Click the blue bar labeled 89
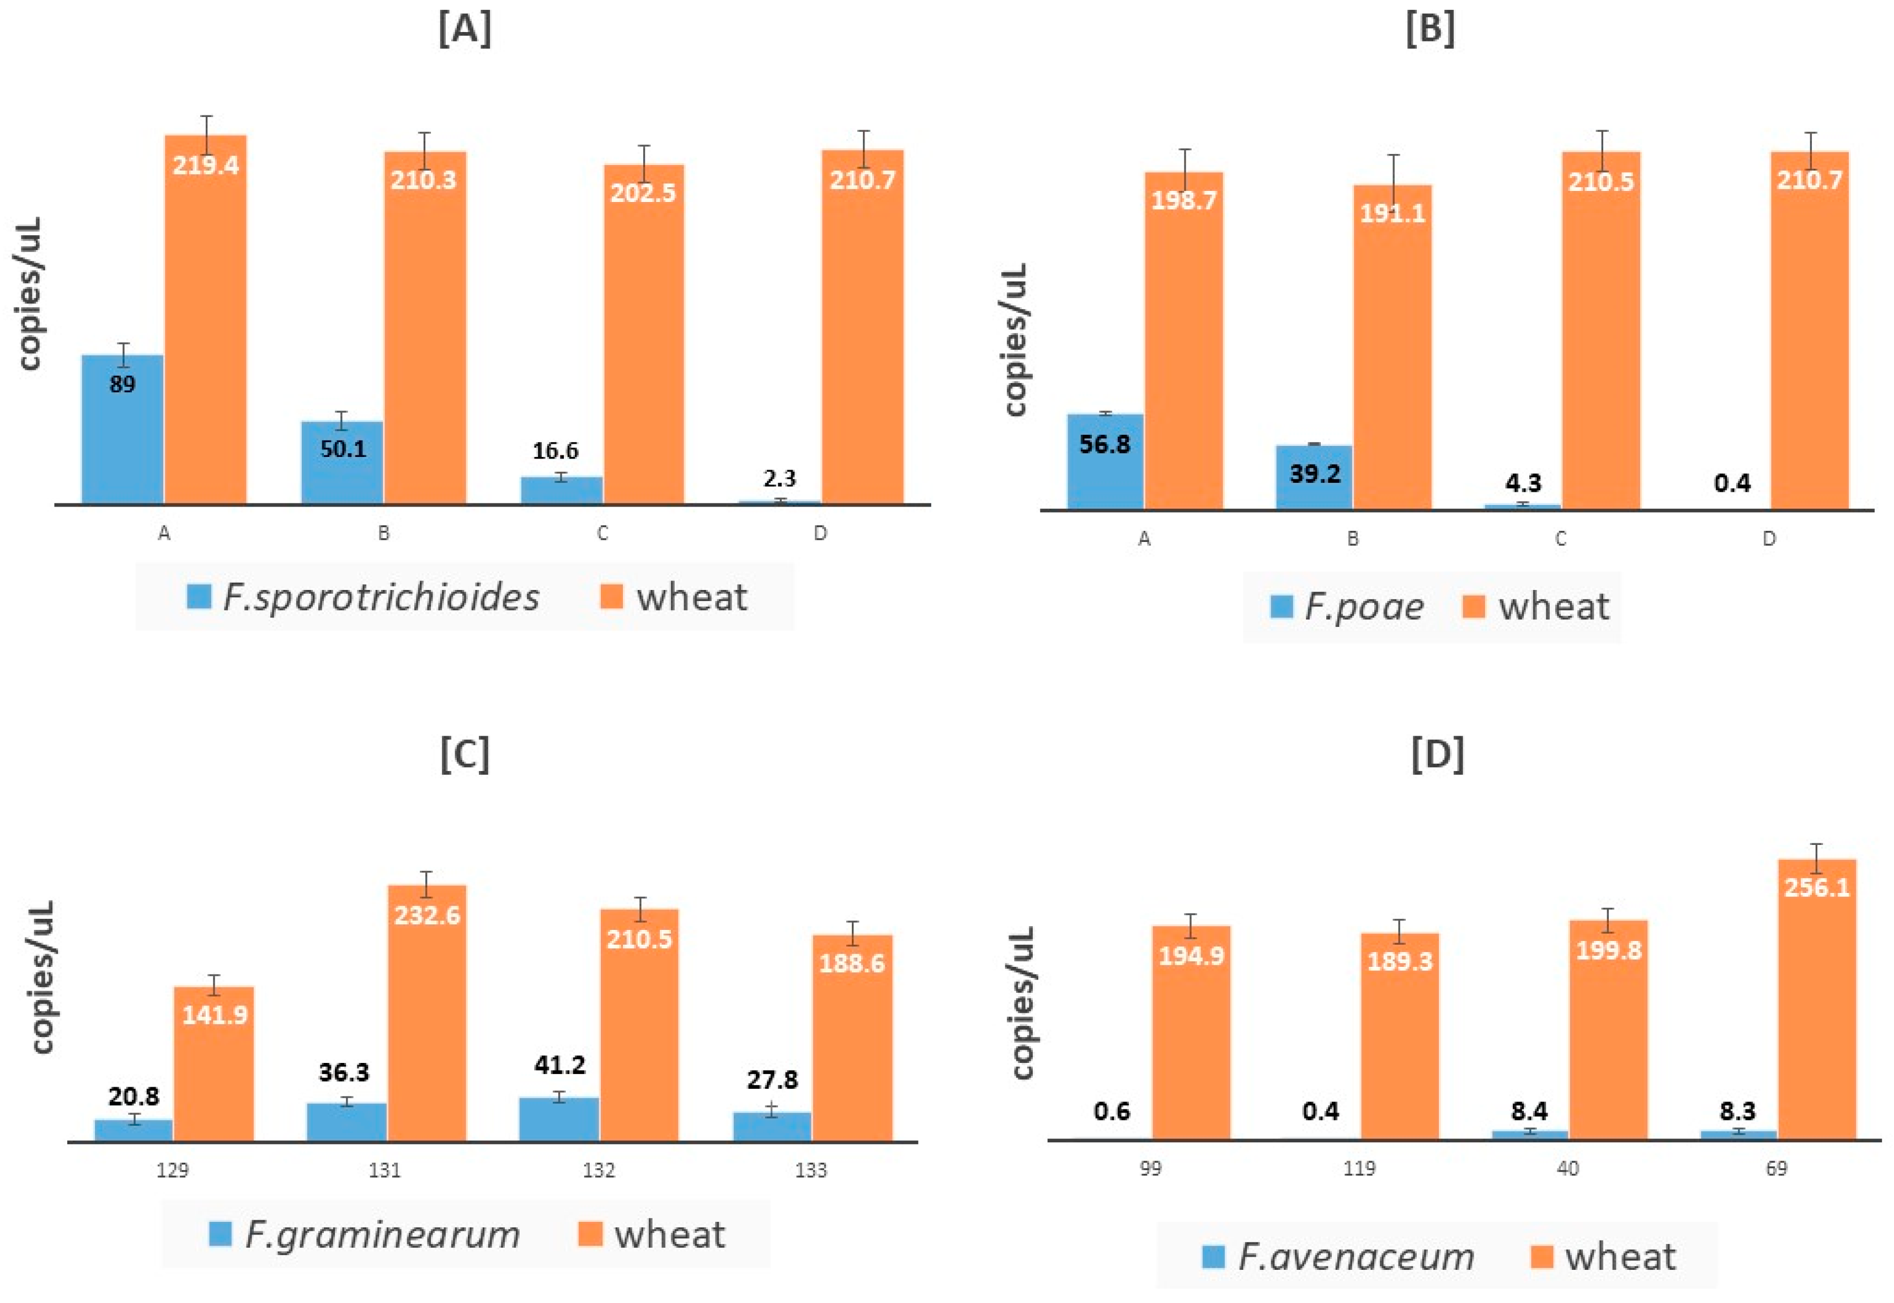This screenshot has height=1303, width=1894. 122,429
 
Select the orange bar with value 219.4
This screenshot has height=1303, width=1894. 206,319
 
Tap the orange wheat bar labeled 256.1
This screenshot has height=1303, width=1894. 1816,999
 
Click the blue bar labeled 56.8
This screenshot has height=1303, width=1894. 1105,462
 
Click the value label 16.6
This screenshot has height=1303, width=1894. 556,451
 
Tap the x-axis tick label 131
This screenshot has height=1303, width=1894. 385,1170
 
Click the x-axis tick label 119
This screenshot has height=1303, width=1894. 1359,1168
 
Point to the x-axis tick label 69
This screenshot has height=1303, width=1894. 1776,1168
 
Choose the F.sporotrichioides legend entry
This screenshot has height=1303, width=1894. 363,598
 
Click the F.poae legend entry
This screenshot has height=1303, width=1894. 1347,607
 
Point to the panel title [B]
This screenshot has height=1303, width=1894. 1431,30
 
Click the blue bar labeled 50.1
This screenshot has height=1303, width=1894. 342,463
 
